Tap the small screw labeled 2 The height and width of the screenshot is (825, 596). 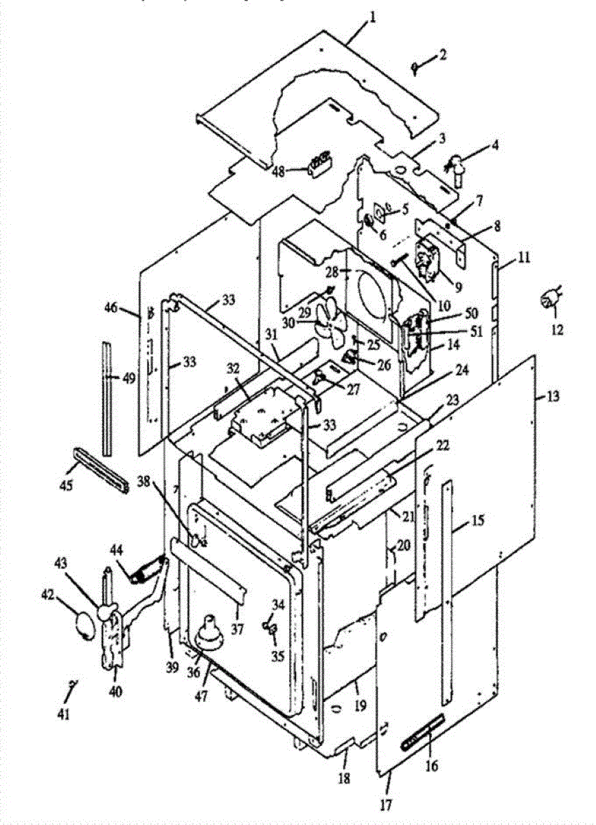418,66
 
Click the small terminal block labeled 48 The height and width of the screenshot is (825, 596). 320,164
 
